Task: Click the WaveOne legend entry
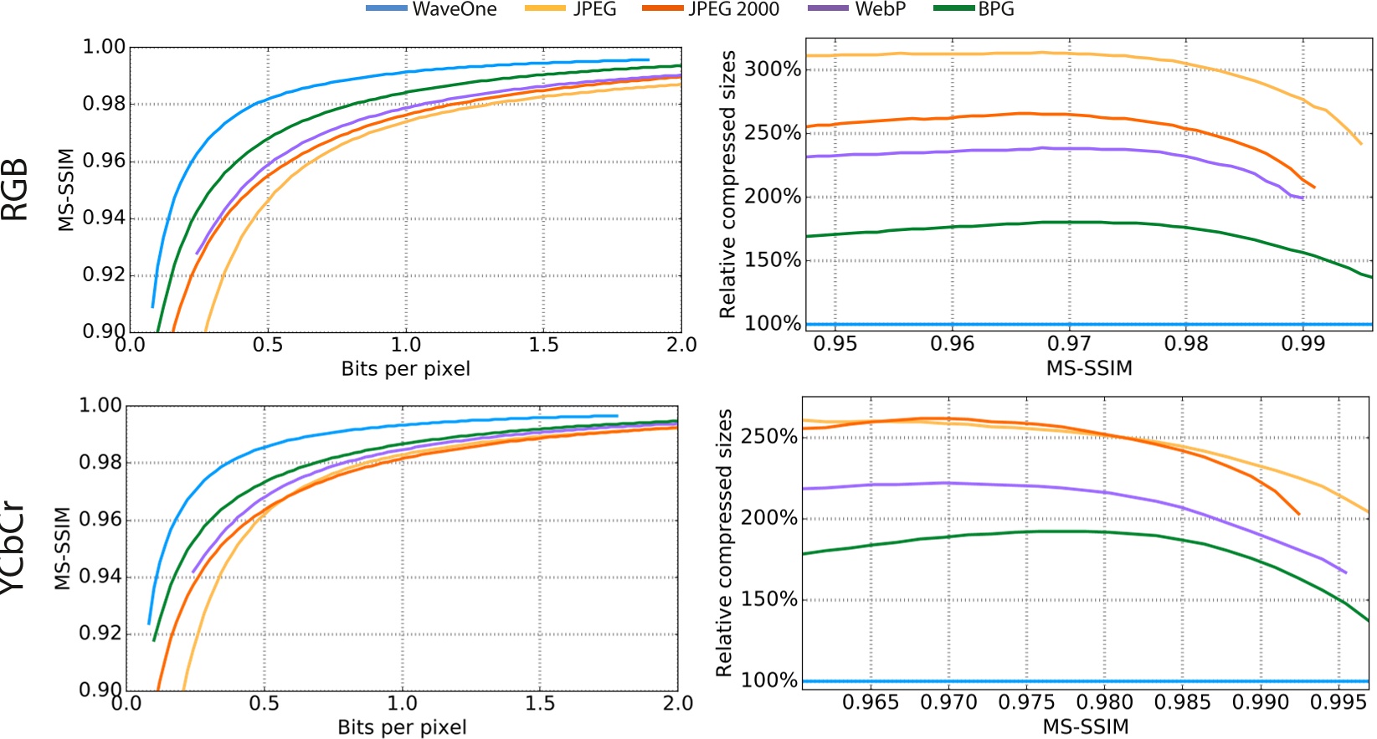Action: [x=432, y=9]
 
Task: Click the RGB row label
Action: [x=15, y=189]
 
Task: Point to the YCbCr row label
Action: [x=13, y=547]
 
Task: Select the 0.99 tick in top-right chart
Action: [x=1302, y=344]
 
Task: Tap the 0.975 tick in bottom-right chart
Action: [x=1026, y=702]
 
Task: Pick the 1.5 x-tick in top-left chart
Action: [x=543, y=345]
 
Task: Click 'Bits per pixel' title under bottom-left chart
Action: [x=402, y=727]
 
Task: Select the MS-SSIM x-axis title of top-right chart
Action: [x=1089, y=368]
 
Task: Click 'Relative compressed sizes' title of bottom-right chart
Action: [x=725, y=542]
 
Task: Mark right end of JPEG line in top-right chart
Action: [x=1362, y=144]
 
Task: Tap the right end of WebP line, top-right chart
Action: [x=1304, y=198]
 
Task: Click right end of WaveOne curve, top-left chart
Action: [x=649, y=59]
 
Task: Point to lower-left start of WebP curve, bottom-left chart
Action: [x=194, y=572]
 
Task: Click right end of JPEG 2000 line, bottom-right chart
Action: [x=1298, y=514]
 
